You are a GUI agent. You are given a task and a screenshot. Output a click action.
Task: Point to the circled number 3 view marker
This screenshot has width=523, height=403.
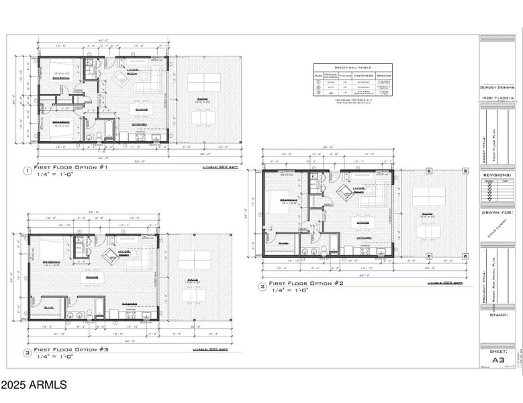click(x=27, y=352)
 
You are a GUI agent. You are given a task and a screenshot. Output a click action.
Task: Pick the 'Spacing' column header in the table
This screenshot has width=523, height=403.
click(x=383, y=76)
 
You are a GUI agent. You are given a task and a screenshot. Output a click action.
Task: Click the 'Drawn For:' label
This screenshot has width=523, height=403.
click(x=497, y=212)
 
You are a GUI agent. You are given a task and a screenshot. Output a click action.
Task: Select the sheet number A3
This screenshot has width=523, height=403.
click(x=497, y=360)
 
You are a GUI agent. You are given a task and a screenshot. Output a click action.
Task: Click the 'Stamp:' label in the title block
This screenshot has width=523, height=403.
click(x=497, y=314)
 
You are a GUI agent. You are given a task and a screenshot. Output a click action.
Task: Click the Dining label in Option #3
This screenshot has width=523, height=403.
click(x=91, y=276)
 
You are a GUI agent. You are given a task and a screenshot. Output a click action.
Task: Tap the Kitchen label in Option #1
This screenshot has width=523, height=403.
click(x=140, y=124)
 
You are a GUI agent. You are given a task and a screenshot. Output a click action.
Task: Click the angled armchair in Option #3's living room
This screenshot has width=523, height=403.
click(x=110, y=254)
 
